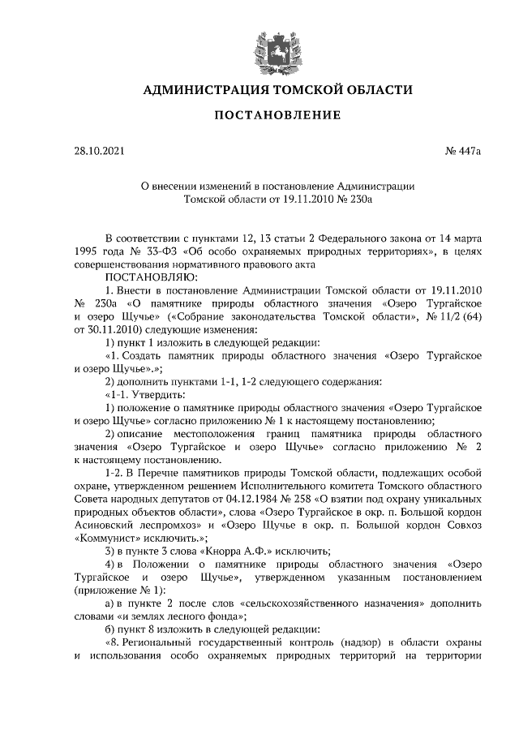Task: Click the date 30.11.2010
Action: [x=114, y=330]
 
